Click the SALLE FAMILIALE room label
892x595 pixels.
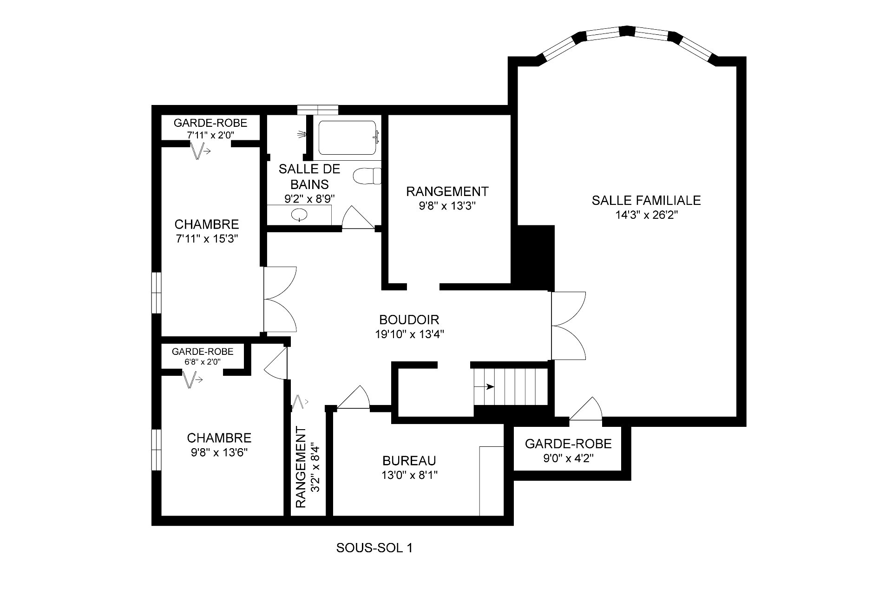(646, 200)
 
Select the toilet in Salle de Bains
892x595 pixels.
(367, 177)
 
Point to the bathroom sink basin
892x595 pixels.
(299, 215)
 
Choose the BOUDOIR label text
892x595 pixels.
(409, 320)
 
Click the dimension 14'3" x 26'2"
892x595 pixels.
(646, 215)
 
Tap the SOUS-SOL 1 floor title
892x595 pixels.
(374, 548)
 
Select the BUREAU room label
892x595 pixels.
(409, 461)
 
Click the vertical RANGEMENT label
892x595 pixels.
(301, 468)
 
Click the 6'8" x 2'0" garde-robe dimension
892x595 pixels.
(202, 362)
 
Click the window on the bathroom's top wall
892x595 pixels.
(318, 110)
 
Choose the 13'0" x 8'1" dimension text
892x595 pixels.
(409, 475)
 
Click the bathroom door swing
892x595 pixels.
(358, 217)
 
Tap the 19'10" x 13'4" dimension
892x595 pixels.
(409, 334)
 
